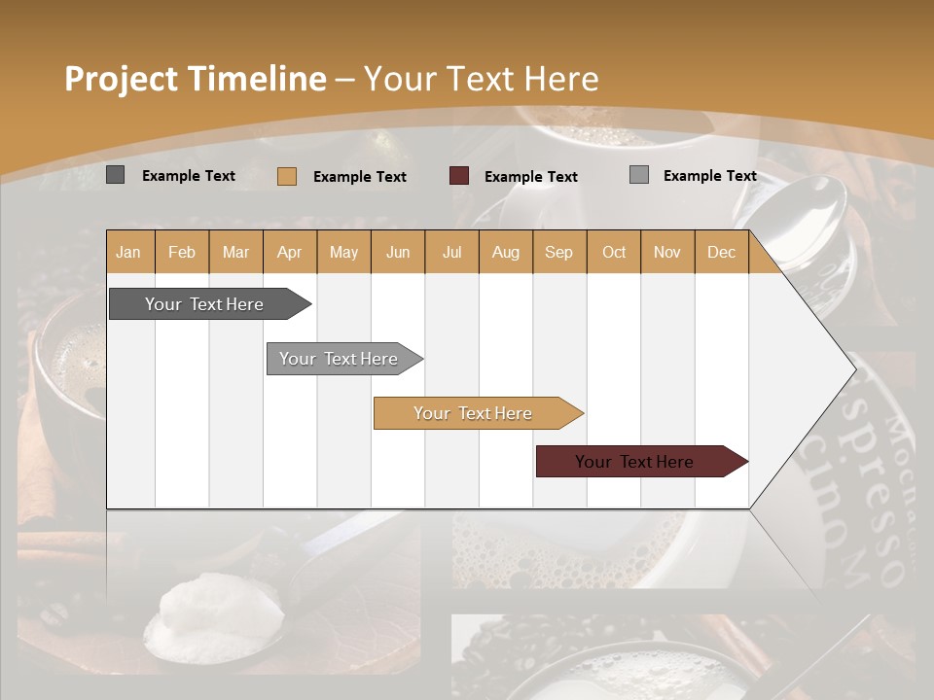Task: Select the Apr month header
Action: click(x=290, y=252)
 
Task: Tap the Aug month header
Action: click(x=506, y=252)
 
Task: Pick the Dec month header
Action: click(x=721, y=252)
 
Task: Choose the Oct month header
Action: click(x=614, y=252)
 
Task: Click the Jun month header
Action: click(x=398, y=252)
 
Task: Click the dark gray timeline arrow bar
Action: click(x=204, y=304)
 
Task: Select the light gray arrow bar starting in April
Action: click(x=339, y=359)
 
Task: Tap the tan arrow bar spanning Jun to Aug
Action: click(x=473, y=413)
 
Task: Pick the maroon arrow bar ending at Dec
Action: click(x=634, y=462)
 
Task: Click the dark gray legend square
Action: click(x=115, y=175)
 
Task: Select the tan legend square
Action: click(x=286, y=176)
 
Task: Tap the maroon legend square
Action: click(x=458, y=176)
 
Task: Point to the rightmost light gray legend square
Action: click(x=638, y=175)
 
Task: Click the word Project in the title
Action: click(x=122, y=79)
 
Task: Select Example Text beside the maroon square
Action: click(x=530, y=177)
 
